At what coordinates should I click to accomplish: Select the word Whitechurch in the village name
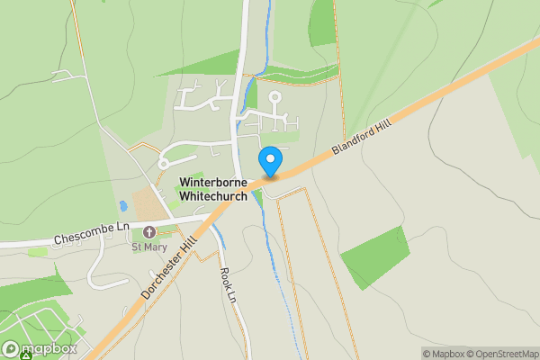(212, 195)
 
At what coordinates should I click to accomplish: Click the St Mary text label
(149, 247)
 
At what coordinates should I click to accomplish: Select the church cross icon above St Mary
(149, 232)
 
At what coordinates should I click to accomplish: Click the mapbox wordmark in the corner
(49, 348)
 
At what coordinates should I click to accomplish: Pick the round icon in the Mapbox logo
(12, 348)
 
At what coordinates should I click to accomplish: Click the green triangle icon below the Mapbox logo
(27, 357)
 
